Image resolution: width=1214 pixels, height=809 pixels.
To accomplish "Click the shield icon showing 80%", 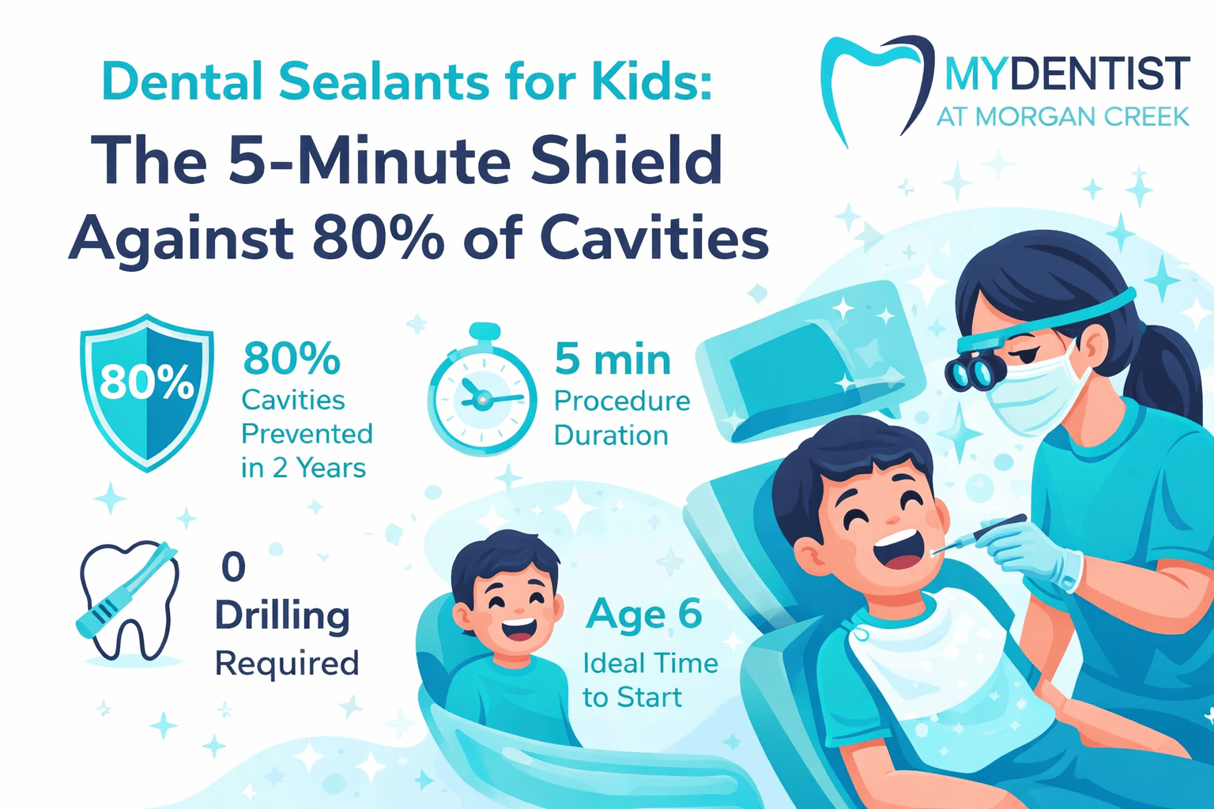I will click(x=147, y=391).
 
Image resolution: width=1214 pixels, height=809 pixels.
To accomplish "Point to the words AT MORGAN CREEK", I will click(x=1062, y=117).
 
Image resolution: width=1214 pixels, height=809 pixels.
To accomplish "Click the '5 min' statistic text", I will click(x=613, y=359).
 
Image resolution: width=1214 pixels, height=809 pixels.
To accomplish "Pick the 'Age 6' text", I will click(x=643, y=615).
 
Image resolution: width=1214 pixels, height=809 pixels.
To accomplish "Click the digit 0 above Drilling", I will click(x=233, y=567).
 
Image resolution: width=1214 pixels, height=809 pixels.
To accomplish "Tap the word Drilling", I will click(x=282, y=616).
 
